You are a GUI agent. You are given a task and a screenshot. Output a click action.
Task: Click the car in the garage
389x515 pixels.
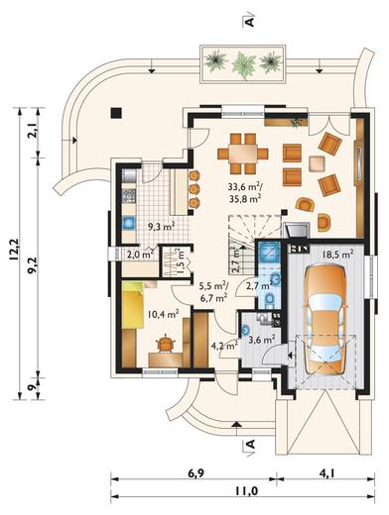[x=326, y=321]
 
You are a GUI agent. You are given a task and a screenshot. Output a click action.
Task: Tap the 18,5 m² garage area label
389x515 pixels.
[x=337, y=255]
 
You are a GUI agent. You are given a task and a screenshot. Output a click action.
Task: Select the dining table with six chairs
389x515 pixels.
[x=243, y=154]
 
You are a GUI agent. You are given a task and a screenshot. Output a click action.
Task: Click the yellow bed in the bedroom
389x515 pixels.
[x=133, y=305]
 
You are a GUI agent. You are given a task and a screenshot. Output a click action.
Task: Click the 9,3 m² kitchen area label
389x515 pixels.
[x=161, y=226]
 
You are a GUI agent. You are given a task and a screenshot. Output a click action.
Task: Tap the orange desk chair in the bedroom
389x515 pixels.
[x=165, y=344]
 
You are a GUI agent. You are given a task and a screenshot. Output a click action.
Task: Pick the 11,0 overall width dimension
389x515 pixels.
[x=247, y=491]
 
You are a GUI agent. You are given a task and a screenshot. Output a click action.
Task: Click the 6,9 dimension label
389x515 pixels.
[x=196, y=473]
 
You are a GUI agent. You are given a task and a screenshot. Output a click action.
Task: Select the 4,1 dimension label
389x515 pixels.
[x=326, y=473]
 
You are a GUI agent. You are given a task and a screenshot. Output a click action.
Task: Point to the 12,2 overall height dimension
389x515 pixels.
[x=15, y=250]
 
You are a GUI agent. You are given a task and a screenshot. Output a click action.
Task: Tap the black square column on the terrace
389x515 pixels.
[x=116, y=113]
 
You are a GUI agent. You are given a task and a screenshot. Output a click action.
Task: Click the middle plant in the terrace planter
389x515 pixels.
[x=244, y=64]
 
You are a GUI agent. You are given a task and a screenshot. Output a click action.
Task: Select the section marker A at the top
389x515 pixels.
[x=250, y=21]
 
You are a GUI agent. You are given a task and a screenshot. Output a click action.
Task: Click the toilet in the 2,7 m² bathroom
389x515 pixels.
[x=270, y=300]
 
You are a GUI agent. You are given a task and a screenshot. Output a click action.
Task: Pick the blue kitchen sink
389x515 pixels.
[x=129, y=223]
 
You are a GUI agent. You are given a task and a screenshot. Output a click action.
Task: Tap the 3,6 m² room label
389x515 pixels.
[x=262, y=339]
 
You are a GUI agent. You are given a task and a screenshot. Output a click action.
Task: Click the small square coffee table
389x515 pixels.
[x=318, y=163]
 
